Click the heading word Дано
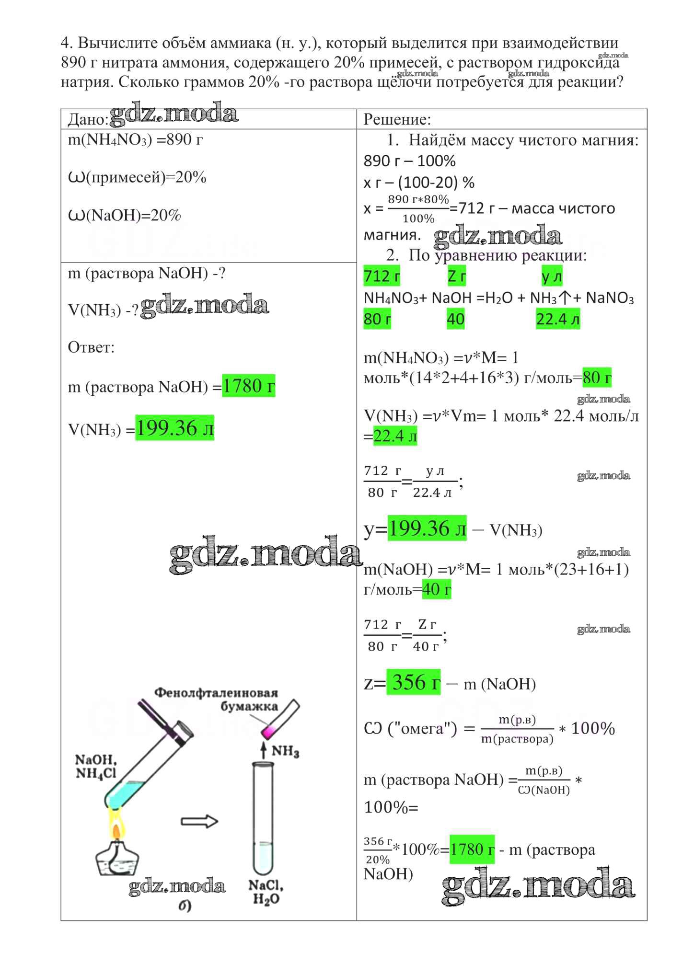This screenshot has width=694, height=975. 88,120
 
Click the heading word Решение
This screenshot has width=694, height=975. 397,119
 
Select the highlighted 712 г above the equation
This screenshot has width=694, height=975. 382,276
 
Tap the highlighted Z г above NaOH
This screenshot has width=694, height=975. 456,276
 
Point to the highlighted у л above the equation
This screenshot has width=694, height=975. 551,276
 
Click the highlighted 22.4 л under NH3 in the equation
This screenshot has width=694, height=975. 557,319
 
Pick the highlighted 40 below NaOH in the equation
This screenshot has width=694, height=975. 455,319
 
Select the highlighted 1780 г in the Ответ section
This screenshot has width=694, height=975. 249,386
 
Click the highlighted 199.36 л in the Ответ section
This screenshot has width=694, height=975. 174,428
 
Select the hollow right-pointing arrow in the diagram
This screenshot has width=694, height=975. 199,822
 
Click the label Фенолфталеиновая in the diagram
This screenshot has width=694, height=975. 216,693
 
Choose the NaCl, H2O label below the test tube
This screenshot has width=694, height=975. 266,892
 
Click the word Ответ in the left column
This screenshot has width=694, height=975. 91,347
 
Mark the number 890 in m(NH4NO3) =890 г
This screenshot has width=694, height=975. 179,140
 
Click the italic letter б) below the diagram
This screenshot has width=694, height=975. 185,906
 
